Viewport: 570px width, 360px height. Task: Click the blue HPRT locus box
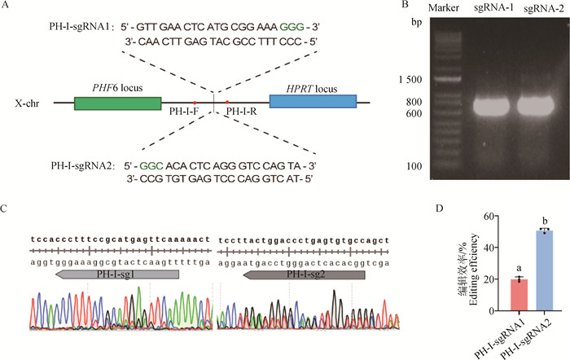[x=312, y=103]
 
